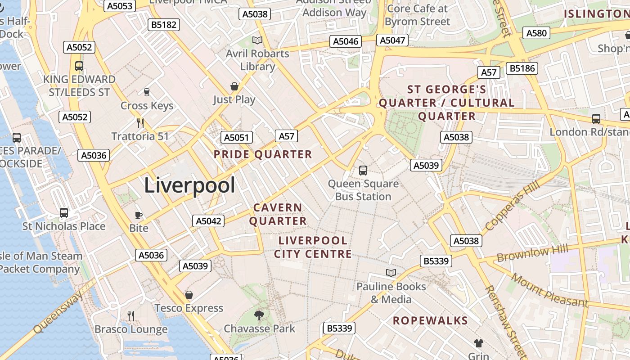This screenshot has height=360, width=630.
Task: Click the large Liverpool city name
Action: [x=189, y=185]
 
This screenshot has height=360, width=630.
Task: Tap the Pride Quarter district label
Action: [x=263, y=155]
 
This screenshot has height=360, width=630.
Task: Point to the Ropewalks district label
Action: [x=431, y=321]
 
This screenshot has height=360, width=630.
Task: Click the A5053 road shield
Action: [x=120, y=6]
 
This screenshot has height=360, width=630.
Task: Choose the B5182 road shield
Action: [x=164, y=25]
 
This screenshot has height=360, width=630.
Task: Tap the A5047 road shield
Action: [x=392, y=40]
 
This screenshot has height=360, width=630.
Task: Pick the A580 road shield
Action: [x=536, y=33]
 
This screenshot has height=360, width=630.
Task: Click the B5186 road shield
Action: [x=522, y=68]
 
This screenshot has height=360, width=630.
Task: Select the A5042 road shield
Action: [x=208, y=221]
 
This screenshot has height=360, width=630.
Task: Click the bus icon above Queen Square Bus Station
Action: [x=363, y=171]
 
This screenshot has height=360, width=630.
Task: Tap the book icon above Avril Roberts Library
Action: [x=257, y=40]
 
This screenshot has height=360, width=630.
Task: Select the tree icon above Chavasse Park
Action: [x=259, y=315]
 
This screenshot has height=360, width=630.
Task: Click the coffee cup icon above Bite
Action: [x=139, y=215]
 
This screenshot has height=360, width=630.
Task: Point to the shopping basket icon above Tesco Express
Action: [x=189, y=295]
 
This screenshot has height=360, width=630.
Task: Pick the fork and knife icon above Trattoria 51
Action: [x=140, y=123]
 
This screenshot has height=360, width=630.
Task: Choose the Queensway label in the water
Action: [x=58, y=312]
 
